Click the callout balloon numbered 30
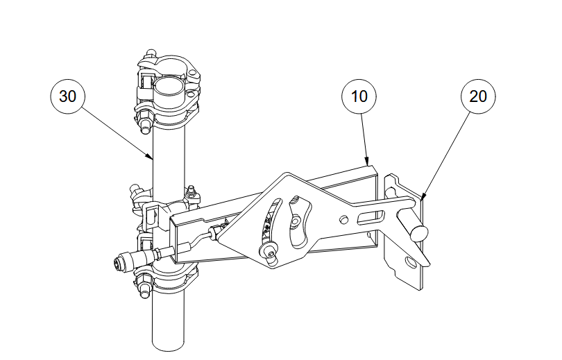coord(68,96)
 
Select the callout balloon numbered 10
coord(359,96)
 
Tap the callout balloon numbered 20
coord(478,96)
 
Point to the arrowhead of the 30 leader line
coord(150,156)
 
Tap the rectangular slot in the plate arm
coord(371,217)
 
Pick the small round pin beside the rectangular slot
coord(343,219)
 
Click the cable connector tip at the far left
coord(117,264)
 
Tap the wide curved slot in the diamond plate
coord(299,221)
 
